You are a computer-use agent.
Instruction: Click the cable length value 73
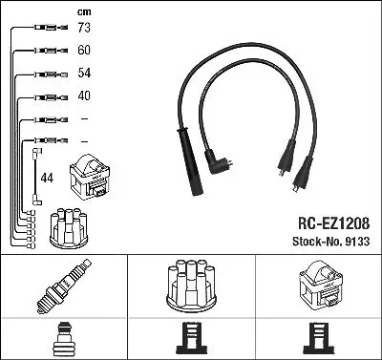[84, 28]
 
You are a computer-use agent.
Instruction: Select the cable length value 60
[84, 51]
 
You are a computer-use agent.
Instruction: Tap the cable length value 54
[84, 73]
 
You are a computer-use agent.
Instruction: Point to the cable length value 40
[84, 95]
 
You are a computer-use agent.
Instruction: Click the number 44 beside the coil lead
[47, 178]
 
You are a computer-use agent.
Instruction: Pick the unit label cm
[84, 12]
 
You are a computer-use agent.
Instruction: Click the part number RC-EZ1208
[333, 223]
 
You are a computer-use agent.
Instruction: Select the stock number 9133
[357, 242]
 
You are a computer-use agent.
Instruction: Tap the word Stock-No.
[317, 242]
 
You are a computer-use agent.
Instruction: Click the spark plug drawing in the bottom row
[64, 286]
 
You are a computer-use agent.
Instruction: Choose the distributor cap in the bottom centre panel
[191, 286]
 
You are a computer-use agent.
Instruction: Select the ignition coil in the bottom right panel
[321, 285]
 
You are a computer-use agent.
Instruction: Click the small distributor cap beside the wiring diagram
[69, 227]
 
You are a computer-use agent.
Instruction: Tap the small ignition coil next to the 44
[90, 177]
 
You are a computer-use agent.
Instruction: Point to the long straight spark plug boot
[190, 161]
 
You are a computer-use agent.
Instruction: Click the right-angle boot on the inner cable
[217, 161]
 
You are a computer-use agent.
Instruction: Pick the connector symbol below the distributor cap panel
[191, 338]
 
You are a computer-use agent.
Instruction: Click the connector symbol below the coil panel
[319, 338]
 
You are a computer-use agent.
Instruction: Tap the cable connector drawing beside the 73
[52, 28]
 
